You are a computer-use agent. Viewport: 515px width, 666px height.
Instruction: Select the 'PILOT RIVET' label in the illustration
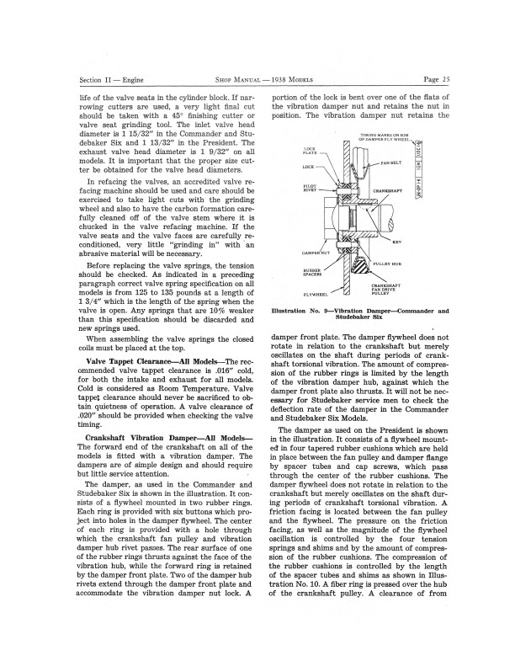pos(310,189)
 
